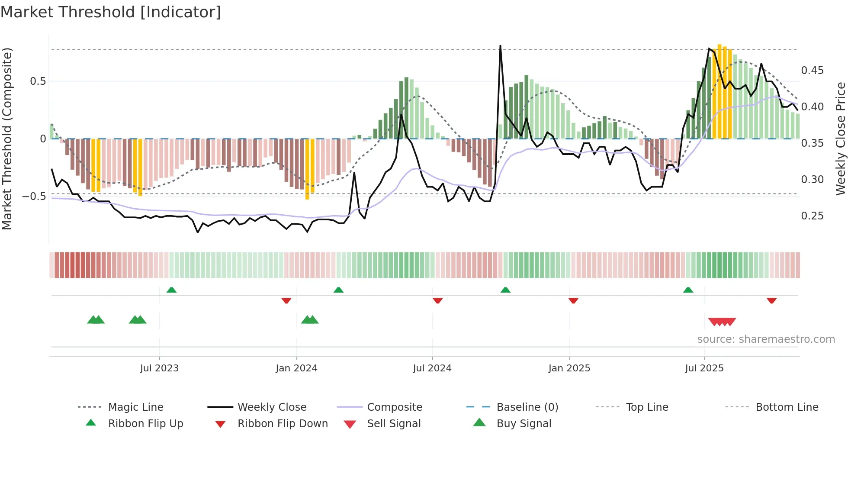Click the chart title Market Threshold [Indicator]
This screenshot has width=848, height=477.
click(x=111, y=12)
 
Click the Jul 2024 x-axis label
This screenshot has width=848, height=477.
click(x=432, y=368)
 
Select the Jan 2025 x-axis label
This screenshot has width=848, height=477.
click(x=569, y=368)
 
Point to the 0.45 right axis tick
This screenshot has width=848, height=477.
click(x=812, y=71)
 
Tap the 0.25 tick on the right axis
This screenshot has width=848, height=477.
click(x=812, y=216)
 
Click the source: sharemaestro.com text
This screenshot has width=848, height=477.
click(x=766, y=339)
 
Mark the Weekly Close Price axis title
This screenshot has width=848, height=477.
click(x=840, y=139)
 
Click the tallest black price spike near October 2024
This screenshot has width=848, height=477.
click(x=500, y=47)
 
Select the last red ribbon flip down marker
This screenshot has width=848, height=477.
click(x=771, y=300)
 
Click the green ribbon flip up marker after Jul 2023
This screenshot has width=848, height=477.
click(x=171, y=290)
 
